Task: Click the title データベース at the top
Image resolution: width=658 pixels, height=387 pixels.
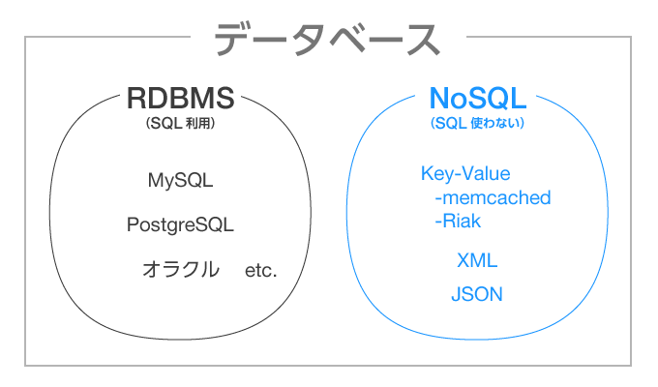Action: tap(328, 39)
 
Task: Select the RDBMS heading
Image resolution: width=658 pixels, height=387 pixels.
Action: tap(180, 99)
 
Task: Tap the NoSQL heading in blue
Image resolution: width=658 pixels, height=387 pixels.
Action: tap(478, 99)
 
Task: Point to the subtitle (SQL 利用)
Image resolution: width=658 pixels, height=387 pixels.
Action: tap(180, 123)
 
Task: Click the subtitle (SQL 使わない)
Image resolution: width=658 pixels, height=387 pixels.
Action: tap(478, 123)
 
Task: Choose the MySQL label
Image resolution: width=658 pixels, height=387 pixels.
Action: tap(180, 181)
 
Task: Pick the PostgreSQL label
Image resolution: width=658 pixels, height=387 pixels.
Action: tap(180, 224)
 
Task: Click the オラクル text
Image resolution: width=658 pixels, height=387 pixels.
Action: tap(181, 269)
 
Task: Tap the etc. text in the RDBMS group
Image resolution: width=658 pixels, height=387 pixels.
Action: tap(260, 271)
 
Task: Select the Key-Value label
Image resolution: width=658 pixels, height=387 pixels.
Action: tap(465, 174)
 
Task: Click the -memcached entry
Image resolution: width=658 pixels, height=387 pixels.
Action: tap(493, 197)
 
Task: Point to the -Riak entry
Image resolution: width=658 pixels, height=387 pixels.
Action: tap(458, 222)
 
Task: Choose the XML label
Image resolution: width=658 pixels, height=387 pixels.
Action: tap(477, 260)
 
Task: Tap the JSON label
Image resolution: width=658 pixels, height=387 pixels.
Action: tap(477, 294)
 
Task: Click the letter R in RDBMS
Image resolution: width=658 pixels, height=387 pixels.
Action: tap(136, 99)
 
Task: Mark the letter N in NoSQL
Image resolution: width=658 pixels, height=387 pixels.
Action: tap(439, 99)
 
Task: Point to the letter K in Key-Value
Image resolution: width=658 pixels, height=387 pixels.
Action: tap(427, 173)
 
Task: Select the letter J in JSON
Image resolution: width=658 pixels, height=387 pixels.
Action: tap(457, 294)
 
